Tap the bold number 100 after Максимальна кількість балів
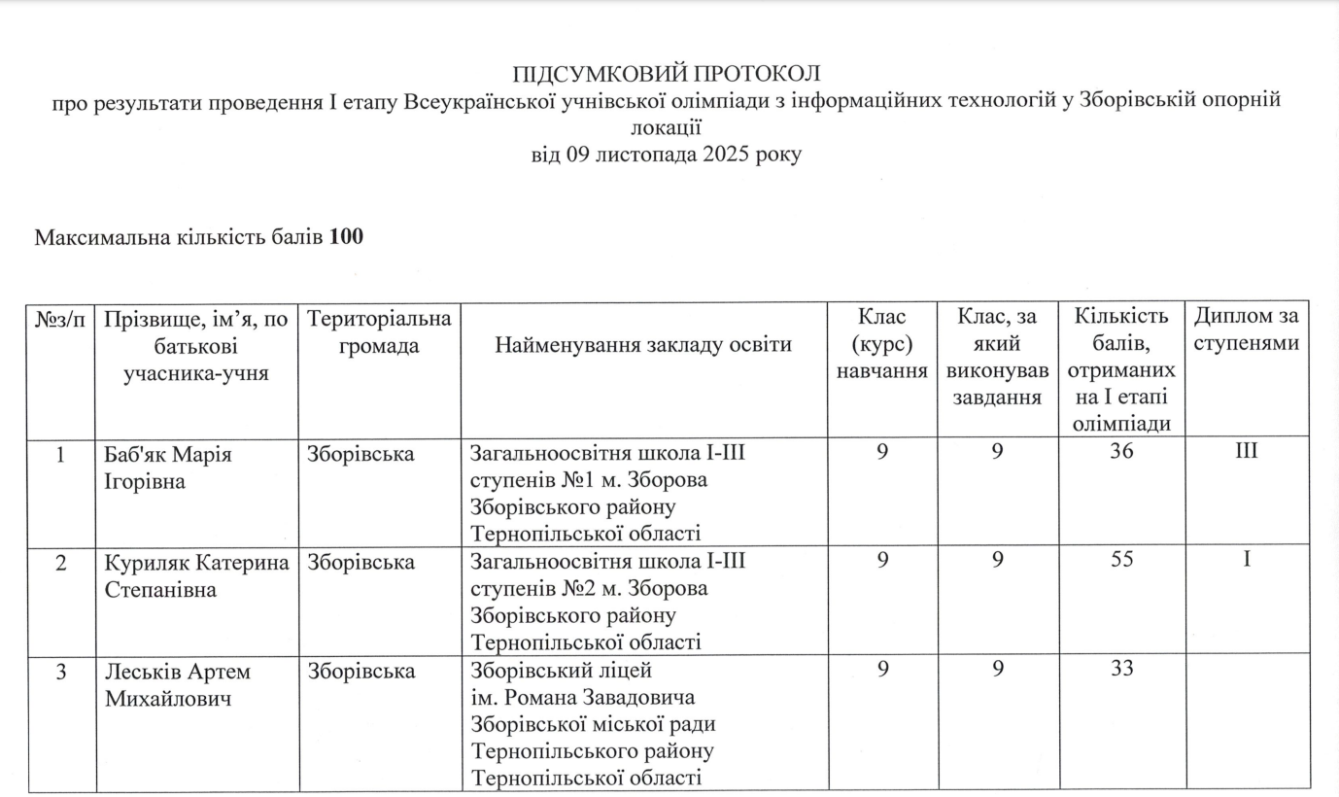point(346,237)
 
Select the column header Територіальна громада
point(379,331)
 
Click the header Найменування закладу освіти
point(642,345)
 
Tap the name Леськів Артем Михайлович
point(177,685)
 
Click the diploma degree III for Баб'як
point(1247,453)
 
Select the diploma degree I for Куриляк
point(1247,563)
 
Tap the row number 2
point(60,563)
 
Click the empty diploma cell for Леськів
point(1248,724)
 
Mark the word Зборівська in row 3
point(360,672)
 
